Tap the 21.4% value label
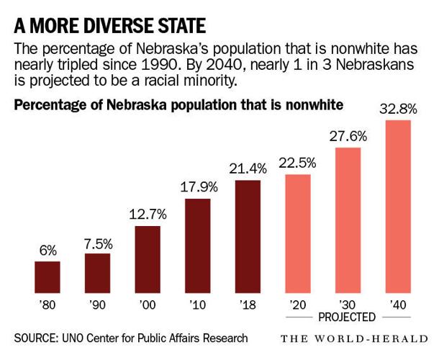(248, 169)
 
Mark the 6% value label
(47, 251)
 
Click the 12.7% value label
(148, 215)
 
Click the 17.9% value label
(197, 187)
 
